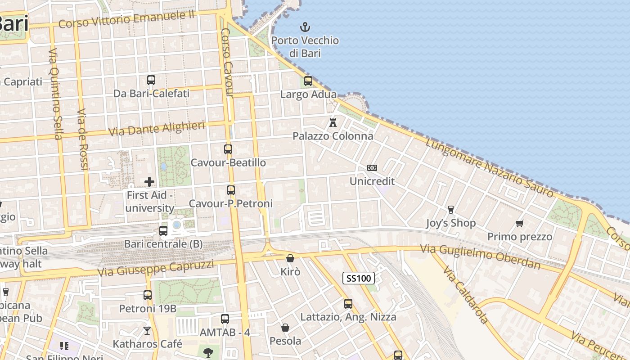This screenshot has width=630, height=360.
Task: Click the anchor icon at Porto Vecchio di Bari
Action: (305, 27)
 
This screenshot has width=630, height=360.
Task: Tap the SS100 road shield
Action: (358, 278)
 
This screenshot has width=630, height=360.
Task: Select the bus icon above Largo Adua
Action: (308, 81)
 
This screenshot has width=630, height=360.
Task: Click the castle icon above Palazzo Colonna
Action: (333, 122)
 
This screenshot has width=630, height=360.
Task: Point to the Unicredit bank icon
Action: (372, 168)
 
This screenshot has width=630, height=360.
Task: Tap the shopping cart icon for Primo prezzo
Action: (520, 223)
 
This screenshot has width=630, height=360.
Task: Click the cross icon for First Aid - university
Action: (149, 182)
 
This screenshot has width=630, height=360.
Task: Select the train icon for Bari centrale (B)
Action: (163, 231)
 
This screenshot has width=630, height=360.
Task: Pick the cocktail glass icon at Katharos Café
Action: (147, 331)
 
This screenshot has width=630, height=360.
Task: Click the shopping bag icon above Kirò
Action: (290, 258)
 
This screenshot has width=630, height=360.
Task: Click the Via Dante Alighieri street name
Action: (157, 129)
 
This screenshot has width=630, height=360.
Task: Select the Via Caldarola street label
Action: (465, 295)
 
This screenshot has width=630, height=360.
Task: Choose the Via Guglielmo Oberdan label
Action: (480, 256)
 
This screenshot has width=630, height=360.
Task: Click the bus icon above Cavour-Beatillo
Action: (228, 149)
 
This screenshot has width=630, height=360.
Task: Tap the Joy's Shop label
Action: (450, 223)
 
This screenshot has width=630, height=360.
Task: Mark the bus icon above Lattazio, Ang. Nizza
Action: (348, 304)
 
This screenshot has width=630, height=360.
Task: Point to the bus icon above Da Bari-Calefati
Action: (151, 80)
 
